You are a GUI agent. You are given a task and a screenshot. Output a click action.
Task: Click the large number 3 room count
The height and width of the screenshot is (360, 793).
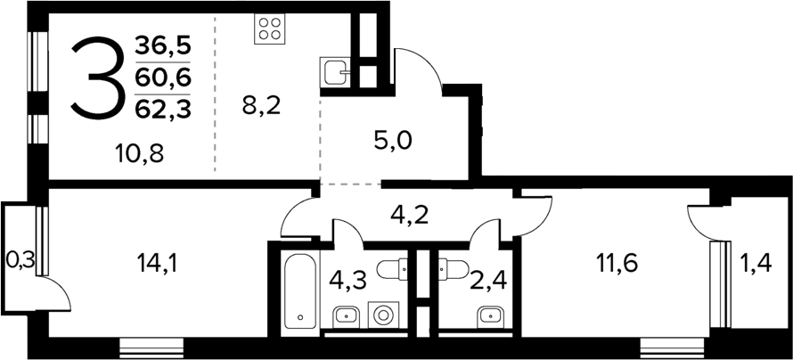[95, 78]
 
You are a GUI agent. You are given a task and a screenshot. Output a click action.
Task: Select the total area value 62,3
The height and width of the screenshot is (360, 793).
[163, 110]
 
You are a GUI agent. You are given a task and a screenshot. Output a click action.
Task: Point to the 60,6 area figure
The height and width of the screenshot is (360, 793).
[163, 78]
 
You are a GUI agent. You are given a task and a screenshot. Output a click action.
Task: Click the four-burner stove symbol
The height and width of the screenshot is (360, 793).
[270, 29]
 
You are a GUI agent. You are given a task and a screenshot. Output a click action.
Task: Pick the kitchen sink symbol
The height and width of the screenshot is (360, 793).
[337, 70]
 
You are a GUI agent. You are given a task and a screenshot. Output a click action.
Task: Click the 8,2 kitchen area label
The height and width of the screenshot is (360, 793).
[261, 107]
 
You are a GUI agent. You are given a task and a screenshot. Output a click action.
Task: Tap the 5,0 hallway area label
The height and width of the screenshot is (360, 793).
[392, 140]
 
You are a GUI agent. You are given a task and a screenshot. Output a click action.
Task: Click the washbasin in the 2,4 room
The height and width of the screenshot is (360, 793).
[488, 315]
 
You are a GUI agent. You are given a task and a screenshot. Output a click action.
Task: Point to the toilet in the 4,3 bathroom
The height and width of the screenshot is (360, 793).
[393, 267]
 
